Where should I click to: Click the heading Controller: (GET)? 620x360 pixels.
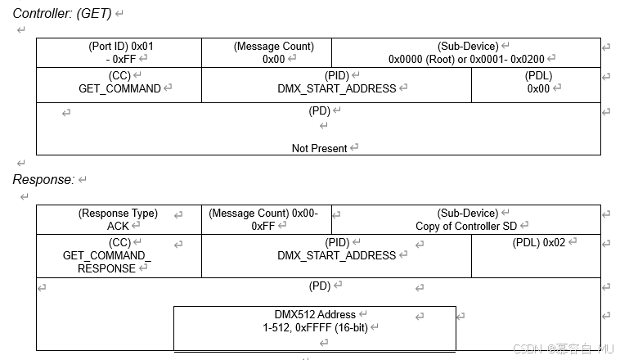click(x=62, y=14)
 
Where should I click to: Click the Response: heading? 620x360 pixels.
click(x=43, y=179)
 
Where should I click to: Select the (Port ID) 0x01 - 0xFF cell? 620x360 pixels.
click(x=119, y=52)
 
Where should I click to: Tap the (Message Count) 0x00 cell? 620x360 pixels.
click(x=273, y=52)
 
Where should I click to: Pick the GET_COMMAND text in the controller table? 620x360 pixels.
click(x=119, y=88)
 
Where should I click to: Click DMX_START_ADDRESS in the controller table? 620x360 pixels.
click(x=336, y=88)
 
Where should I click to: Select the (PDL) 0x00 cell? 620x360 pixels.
click(x=538, y=82)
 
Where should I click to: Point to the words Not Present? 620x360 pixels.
click(x=319, y=148)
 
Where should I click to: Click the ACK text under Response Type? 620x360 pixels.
click(x=118, y=226)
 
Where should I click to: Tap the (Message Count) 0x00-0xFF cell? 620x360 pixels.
click(x=267, y=219)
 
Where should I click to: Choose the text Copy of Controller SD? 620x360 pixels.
click(x=467, y=226)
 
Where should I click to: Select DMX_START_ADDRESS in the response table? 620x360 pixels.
click(x=336, y=255)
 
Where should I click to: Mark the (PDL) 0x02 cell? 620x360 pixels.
click(x=538, y=242)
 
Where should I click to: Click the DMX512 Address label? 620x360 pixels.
click(x=315, y=314)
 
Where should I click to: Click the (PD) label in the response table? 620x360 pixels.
click(x=319, y=286)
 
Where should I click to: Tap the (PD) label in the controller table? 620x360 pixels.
click(x=319, y=111)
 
